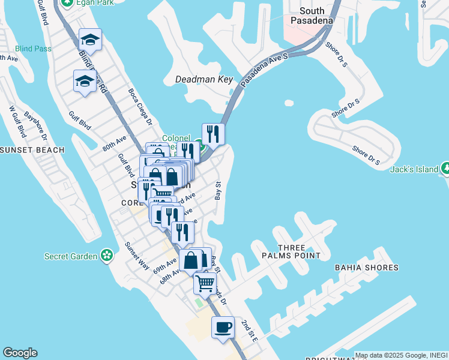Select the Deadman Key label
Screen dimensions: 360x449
tap(203, 79)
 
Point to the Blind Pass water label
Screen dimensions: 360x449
tap(33, 49)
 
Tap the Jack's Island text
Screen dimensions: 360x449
tap(414, 169)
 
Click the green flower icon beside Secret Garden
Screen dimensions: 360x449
tap(107, 256)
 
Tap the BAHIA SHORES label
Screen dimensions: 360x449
tap(366, 267)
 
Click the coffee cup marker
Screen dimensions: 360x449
tap(223, 328)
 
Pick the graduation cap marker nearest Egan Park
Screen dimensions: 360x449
tap(90, 40)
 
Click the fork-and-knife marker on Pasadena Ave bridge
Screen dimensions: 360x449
tap(213, 133)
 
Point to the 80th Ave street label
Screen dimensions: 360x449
tap(114, 144)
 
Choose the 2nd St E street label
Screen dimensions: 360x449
tap(249, 331)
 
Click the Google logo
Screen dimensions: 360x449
tap(20, 353)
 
